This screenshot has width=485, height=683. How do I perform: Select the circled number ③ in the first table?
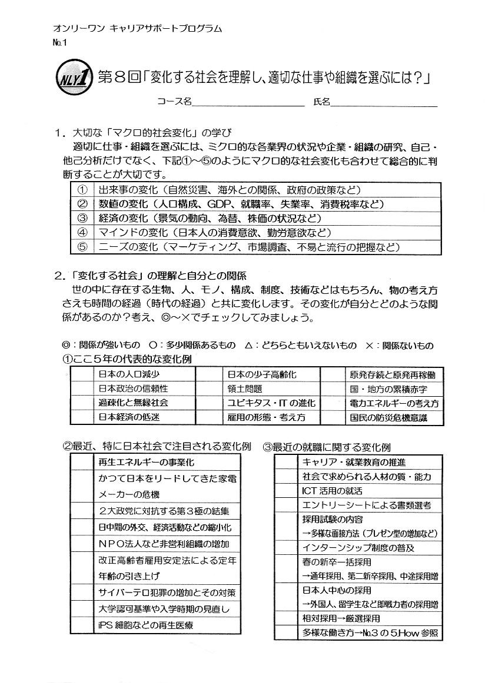pyautogui.click(x=82, y=219)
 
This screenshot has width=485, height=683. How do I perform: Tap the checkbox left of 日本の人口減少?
pyautogui.click(x=83, y=374)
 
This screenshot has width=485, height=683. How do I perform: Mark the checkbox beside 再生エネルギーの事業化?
pyautogui.click(x=81, y=462)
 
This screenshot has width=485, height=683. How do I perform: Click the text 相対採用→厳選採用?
pyautogui.click(x=341, y=618)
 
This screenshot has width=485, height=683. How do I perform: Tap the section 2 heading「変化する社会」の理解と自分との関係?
pyautogui.click(x=158, y=275)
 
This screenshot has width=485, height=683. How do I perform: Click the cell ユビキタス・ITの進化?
pyautogui.click(x=271, y=403)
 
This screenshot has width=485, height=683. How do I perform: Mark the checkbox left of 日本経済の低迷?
pyautogui.click(x=83, y=417)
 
